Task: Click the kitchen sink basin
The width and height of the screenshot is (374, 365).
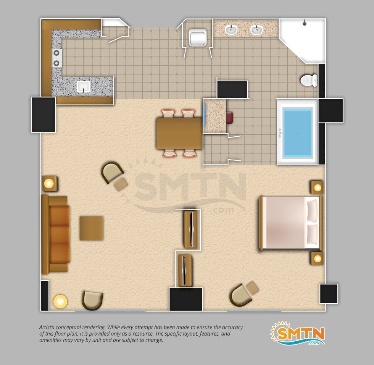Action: (84, 86)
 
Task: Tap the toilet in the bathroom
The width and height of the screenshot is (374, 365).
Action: (309, 80)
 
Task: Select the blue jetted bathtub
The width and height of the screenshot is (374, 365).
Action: (297, 132)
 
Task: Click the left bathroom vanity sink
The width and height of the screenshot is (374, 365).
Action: (231, 30)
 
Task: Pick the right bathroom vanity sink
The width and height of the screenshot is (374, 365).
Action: (256, 30)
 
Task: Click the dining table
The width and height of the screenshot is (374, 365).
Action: (179, 133)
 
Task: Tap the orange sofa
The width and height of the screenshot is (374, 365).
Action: (56, 234)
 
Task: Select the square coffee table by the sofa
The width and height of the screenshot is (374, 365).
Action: (91, 228)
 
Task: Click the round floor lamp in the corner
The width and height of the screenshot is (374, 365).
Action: (60, 301)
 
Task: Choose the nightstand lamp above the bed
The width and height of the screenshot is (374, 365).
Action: (318, 187)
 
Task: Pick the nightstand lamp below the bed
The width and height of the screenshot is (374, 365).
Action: (317, 258)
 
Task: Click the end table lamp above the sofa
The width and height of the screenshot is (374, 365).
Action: (49, 183)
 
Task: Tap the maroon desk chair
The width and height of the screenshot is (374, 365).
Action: (229, 118)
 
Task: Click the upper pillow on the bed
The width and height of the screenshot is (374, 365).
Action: (313, 211)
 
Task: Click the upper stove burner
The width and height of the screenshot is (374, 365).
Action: (56, 53)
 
